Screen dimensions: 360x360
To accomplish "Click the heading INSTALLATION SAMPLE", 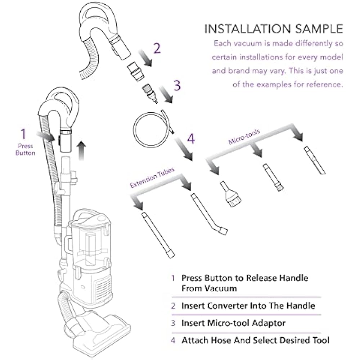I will click(274, 29).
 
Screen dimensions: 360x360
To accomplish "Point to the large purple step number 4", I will click(191, 138).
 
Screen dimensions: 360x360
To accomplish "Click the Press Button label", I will click(26, 149).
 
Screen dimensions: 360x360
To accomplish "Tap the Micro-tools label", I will click(244, 137).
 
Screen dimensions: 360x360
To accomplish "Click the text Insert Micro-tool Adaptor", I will click(233, 323).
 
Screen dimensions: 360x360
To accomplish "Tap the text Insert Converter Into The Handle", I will click(248, 306).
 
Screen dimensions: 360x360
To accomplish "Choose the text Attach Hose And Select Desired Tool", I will click(255, 340).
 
